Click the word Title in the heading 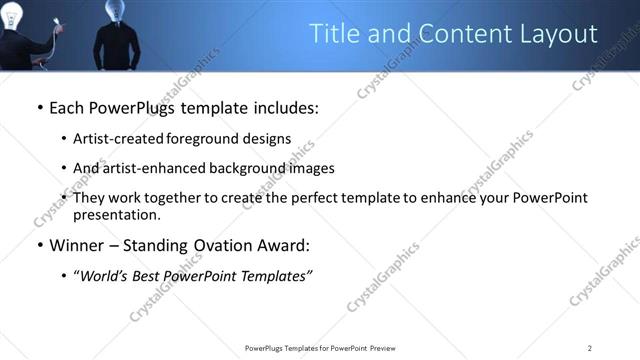tap(337, 34)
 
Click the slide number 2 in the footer tap(590, 348)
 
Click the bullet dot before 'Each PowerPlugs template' tap(39, 107)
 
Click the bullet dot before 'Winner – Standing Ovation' tap(39, 246)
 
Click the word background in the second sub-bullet tap(251, 168)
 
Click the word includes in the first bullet tap(285, 107)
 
